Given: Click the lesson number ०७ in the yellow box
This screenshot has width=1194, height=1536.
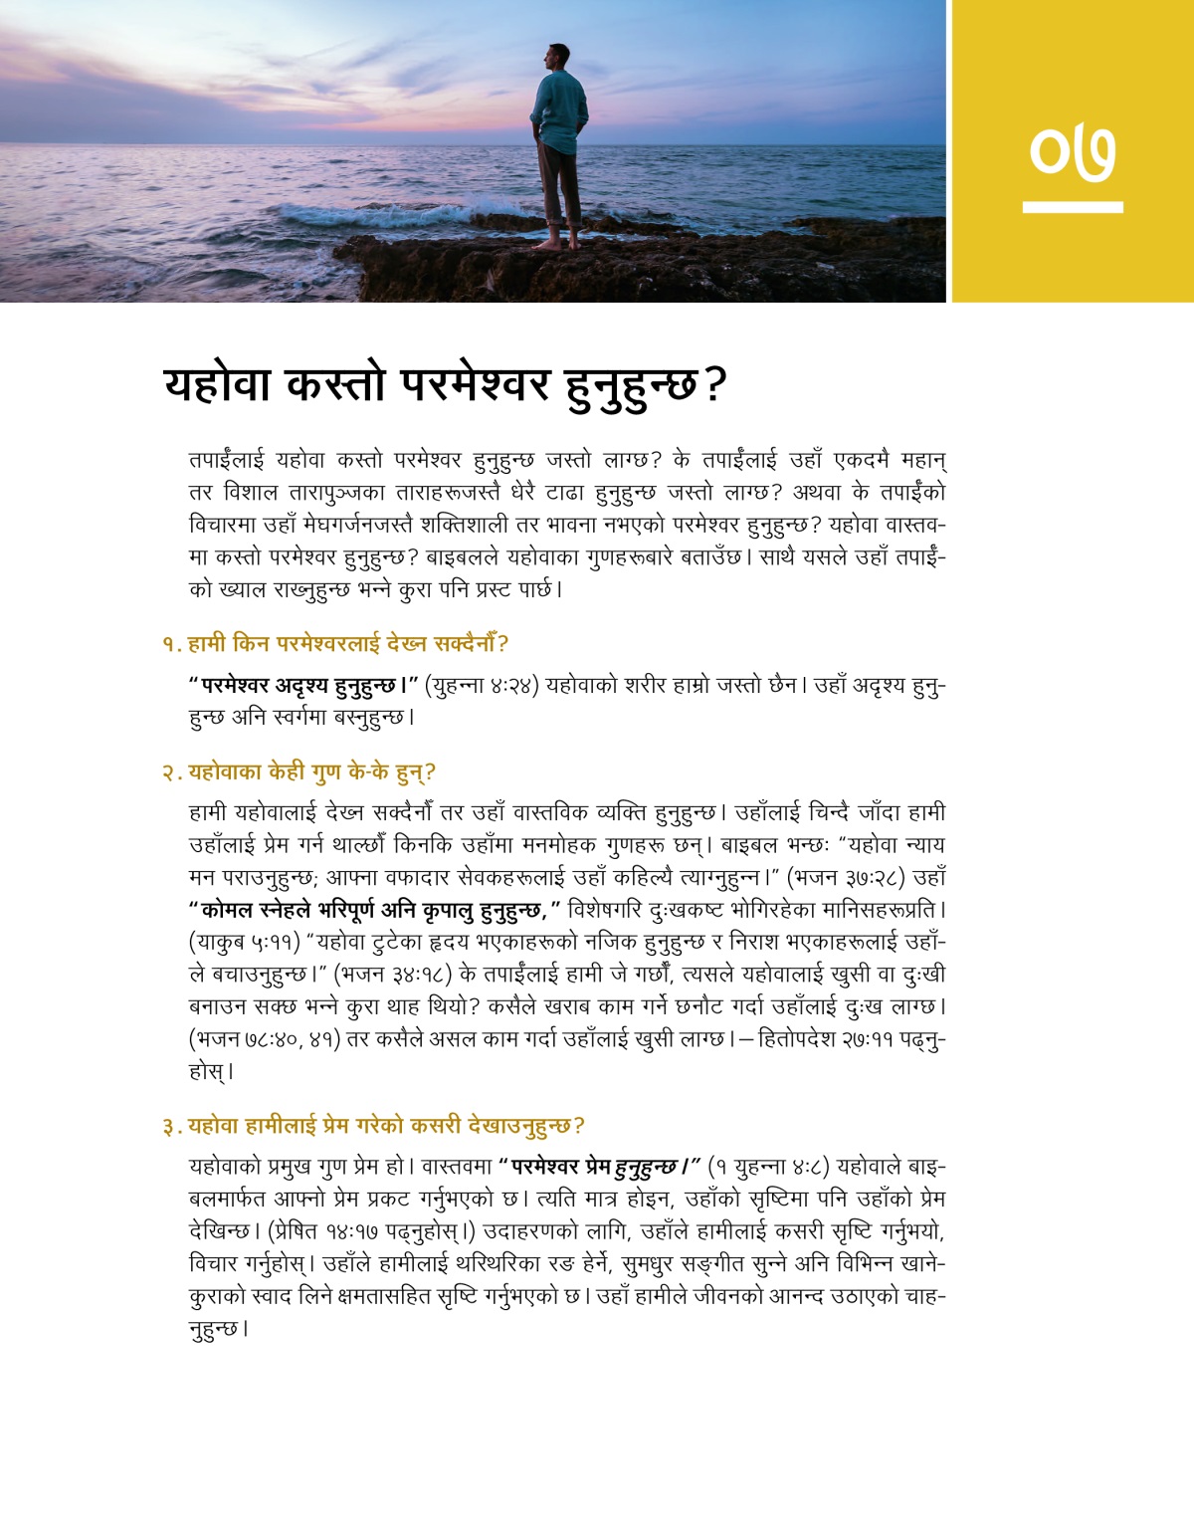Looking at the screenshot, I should click(x=1073, y=152).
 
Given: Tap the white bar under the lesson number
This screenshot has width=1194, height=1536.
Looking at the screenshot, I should click(x=1073, y=207).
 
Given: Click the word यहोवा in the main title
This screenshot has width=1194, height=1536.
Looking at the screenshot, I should click(x=217, y=383).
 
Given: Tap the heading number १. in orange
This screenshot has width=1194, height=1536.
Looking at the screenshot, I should click(x=171, y=645).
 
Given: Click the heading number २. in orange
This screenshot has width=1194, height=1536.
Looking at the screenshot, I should click(x=172, y=773).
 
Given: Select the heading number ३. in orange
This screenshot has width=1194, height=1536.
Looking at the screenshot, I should click(x=172, y=1127).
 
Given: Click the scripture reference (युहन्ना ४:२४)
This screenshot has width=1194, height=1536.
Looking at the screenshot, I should click(x=482, y=686).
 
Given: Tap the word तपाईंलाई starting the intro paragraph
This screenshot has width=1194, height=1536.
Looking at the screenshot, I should click(x=226, y=460).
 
